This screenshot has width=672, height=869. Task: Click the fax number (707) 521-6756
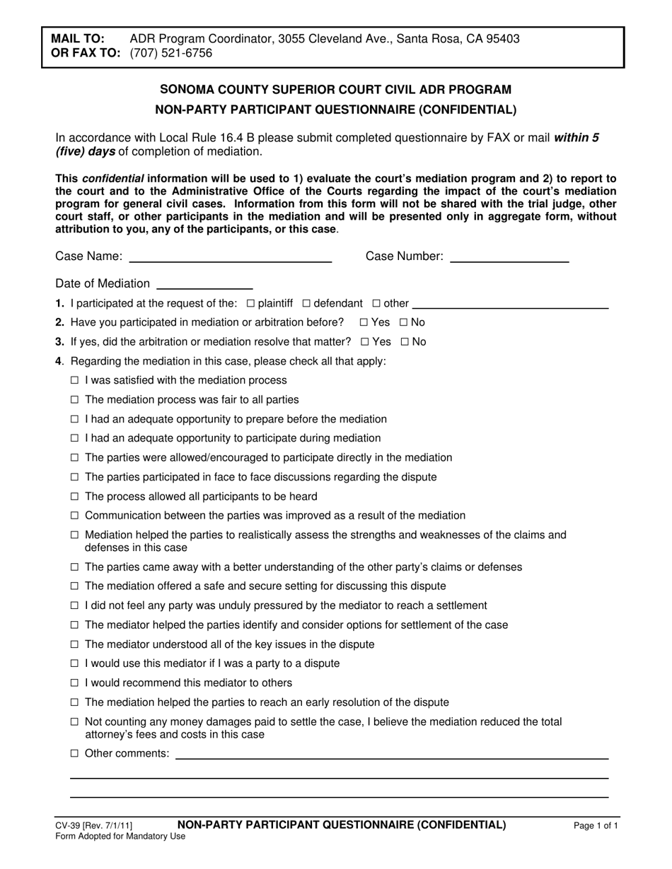(171, 53)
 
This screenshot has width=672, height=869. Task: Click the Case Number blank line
(509, 258)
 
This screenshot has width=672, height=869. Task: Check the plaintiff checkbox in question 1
(250, 304)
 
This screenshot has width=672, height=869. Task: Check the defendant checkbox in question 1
(306, 304)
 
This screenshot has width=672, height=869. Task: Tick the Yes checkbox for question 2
(364, 323)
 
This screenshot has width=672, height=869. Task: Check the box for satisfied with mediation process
(75, 381)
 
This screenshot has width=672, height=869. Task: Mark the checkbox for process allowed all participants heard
(75, 497)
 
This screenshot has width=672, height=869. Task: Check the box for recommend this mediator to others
(75, 683)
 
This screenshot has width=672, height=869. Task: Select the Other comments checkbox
(75, 754)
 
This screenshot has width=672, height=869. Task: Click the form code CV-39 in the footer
(68, 825)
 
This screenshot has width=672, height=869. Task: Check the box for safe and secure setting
(75, 586)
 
